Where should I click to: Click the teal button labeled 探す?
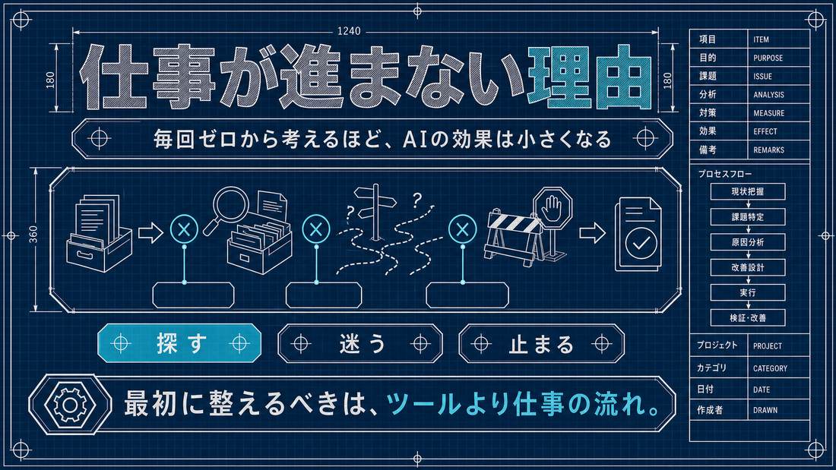(x=179, y=343)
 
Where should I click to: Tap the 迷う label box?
(x=360, y=344)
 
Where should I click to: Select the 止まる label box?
(x=541, y=344)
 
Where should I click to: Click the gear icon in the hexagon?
(x=70, y=405)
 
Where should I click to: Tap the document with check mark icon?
(x=638, y=234)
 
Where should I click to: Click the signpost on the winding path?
(x=377, y=211)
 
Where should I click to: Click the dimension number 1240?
(x=349, y=31)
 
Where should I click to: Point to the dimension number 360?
(x=33, y=235)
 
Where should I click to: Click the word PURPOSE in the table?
(x=768, y=58)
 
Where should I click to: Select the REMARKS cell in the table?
(x=778, y=150)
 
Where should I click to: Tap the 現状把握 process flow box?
(x=748, y=191)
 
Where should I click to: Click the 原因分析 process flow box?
(x=748, y=242)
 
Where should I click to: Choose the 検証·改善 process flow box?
(x=748, y=317)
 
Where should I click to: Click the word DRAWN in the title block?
(x=765, y=410)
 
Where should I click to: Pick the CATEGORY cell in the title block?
(x=778, y=367)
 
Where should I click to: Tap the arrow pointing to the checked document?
(x=592, y=232)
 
